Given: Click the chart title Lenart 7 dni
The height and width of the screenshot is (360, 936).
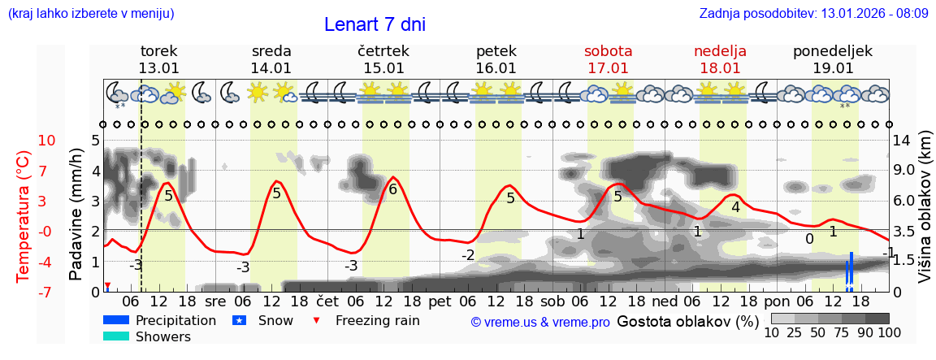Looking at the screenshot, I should pyautogui.click(x=375, y=24).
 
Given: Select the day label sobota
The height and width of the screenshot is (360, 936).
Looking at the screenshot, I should pyautogui.click(x=608, y=50).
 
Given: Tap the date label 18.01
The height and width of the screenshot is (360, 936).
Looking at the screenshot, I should pyautogui.click(x=720, y=68).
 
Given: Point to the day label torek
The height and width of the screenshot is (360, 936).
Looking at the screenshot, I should pyautogui.click(x=158, y=50).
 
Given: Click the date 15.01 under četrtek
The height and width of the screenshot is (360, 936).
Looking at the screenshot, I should pyautogui.click(x=383, y=68).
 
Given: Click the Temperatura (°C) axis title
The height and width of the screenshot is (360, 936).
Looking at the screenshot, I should pyautogui.click(x=24, y=216).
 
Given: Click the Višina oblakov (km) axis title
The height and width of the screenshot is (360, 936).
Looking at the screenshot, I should pyautogui.click(x=925, y=216).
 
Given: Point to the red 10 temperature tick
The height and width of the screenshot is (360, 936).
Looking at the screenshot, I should pyautogui.click(x=47, y=141).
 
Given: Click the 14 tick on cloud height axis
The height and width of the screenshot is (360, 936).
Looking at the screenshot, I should pyautogui.click(x=902, y=141).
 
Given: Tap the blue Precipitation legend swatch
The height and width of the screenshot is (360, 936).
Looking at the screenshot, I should pyautogui.click(x=116, y=320).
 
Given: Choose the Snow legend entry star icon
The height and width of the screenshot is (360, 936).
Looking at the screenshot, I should pyautogui.click(x=239, y=320).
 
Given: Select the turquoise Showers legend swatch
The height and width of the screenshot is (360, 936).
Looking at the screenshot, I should pyautogui.click(x=116, y=336).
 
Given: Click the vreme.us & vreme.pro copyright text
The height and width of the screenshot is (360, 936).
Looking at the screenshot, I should pyautogui.click(x=540, y=322).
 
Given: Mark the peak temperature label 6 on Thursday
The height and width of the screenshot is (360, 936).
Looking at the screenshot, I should pyautogui.click(x=392, y=189).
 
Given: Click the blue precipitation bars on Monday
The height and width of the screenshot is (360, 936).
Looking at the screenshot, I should pyautogui.click(x=849, y=272).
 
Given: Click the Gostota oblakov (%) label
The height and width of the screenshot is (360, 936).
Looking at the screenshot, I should pyautogui.click(x=687, y=320).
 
